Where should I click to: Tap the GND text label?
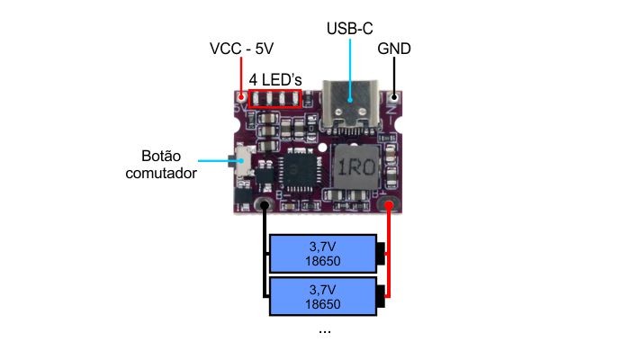coord(395,48)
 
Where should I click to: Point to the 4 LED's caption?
coord(274,78)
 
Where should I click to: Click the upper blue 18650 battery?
coord(322,254)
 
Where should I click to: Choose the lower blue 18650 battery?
coord(322,296)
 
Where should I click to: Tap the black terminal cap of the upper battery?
coord(382,254)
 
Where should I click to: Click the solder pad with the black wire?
coord(265,206)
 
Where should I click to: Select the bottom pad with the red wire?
coord(390,207)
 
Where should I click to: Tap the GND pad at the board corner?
coord(394,95)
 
